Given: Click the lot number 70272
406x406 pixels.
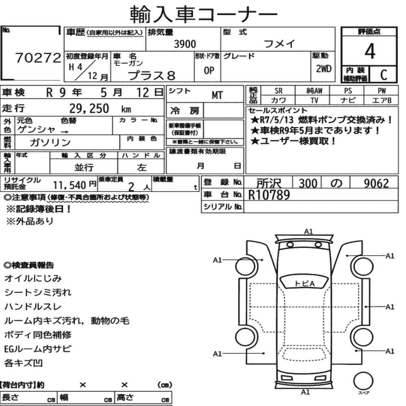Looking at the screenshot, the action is [x=38, y=58].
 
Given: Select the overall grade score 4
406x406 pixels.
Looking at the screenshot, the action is [x=370, y=51].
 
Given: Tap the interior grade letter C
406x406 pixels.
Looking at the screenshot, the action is [x=384, y=75].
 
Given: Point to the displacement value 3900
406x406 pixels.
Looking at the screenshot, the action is [x=185, y=44].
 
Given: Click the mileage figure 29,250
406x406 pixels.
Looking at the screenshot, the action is [x=89, y=108].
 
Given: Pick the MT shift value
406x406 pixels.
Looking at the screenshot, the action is [x=217, y=95].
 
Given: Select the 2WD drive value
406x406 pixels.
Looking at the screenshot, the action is [x=324, y=69].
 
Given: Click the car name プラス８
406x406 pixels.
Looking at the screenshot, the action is [x=152, y=76].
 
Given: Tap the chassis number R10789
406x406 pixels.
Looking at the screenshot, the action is [x=269, y=195].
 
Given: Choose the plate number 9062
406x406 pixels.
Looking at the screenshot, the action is [x=376, y=184].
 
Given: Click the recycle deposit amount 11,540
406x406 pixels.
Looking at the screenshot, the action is [x=69, y=185].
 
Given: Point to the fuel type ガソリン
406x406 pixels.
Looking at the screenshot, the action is [x=50, y=143].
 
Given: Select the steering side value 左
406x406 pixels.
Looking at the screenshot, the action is [x=142, y=168].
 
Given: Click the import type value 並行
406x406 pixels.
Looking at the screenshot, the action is [x=84, y=168].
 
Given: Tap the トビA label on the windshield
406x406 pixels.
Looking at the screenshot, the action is [x=305, y=283].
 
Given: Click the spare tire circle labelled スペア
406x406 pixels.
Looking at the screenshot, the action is [x=363, y=381].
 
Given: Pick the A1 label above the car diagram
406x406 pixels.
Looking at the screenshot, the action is [x=308, y=231].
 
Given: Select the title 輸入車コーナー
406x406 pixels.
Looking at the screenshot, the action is [x=203, y=14].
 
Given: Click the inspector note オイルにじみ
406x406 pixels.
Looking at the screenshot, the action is [x=33, y=279].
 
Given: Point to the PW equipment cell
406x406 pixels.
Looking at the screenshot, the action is [x=382, y=91].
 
